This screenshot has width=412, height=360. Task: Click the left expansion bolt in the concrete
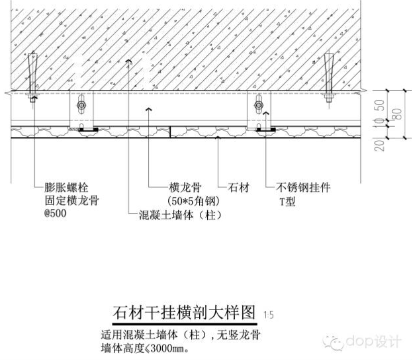[32, 75]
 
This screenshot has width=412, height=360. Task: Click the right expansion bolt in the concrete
[329, 75]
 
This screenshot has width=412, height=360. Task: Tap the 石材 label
[238, 188]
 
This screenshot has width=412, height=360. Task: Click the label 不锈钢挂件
[303, 188]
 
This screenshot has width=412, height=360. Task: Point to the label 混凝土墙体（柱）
[180, 215]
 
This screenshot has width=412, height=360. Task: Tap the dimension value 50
[380, 105]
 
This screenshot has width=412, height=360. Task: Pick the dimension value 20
[380, 145]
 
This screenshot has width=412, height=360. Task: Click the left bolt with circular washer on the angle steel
[81, 105]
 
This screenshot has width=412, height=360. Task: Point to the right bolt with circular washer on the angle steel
[258, 105]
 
